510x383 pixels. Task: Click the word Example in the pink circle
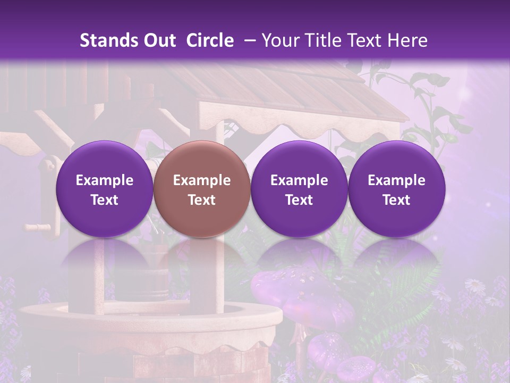pos(202,180)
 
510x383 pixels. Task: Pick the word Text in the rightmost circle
pos(396,200)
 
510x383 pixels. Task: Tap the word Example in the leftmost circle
pos(104,180)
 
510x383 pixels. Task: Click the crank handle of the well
pos(37,228)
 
